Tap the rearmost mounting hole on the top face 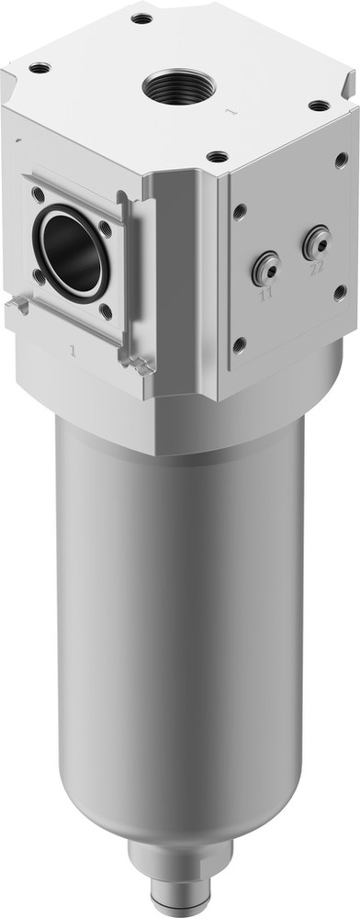pos(141,17)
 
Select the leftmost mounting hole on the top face pos(39,67)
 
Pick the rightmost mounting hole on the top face pos(319,106)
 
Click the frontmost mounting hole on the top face pos(217,156)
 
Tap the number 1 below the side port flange pos(72,350)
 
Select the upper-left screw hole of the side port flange pos(38,194)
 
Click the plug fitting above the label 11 pos(265,267)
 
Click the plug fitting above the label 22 pos(316,242)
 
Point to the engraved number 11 pos(266,295)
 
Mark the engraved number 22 pos(317,269)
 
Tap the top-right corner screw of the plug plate pos(341,160)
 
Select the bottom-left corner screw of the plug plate pos(240,345)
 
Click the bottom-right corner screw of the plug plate pos(341,294)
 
